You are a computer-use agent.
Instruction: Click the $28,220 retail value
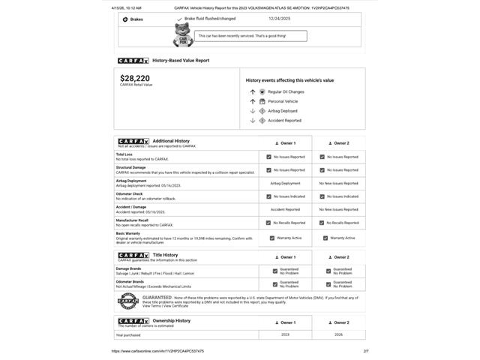coord(135,78)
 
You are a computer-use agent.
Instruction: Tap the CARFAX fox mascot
coord(183,34)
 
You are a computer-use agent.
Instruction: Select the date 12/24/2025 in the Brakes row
coord(279,19)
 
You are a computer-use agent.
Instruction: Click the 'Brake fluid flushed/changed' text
coord(210,19)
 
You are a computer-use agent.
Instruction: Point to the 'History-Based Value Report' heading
coord(181,61)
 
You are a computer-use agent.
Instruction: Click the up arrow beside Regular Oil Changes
coord(253,91)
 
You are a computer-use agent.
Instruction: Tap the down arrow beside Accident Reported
coord(253,120)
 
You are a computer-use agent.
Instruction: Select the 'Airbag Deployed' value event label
coord(283,111)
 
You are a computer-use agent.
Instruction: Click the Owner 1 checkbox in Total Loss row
coord(269,157)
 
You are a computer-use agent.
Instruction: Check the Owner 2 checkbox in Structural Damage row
coord(322,170)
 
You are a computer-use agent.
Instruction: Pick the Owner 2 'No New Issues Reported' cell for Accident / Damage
coord(339,209)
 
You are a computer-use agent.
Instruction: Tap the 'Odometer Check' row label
coord(129,193)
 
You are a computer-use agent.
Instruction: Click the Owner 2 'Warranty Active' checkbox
coord(325,238)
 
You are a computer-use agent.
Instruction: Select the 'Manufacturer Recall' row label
coord(132,220)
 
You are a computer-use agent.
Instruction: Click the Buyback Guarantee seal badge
coord(127,301)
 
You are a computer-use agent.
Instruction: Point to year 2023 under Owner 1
coord(285,334)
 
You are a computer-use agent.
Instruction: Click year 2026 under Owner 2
coord(339,334)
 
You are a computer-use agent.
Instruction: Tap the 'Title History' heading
coord(165,255)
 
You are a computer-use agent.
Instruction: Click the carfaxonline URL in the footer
coord(157,351)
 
